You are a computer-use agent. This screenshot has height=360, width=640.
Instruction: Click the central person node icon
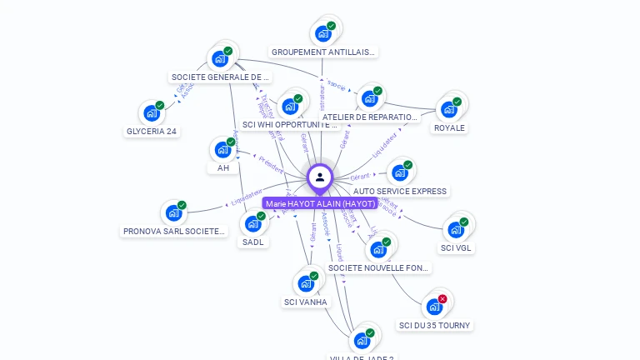point(320,177)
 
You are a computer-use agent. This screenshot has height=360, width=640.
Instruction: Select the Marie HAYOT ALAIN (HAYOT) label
point(320,203)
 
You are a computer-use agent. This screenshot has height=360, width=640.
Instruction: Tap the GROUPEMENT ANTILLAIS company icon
point(322,34)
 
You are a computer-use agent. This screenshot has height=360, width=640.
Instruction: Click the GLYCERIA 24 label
point(152,131)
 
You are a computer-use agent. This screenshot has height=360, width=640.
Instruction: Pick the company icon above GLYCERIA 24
point(152,112)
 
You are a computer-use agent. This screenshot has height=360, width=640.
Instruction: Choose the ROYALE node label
point(449,127)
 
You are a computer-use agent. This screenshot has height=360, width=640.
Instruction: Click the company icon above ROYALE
point(449,108)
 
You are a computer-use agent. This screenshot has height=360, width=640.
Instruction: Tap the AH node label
point(222,167)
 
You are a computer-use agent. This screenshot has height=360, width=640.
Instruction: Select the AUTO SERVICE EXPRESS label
point(400,191)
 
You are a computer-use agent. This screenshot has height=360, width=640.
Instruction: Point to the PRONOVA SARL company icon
point(173,212)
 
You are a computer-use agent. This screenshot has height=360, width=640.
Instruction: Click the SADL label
point(252,242)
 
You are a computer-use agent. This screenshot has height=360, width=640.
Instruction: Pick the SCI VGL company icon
point(455,229)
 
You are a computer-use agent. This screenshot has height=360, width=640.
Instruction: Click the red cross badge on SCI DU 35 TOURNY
point(442,298)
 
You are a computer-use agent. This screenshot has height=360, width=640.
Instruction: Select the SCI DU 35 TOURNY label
point(435,325)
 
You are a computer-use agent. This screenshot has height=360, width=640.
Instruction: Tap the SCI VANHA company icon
point(306,283)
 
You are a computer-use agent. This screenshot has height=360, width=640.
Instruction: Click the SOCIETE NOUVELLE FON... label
point(379,267)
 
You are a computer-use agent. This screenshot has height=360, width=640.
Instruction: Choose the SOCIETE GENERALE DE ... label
point(221,77)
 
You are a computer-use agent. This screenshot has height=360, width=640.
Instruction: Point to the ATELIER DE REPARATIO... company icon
point(369,98)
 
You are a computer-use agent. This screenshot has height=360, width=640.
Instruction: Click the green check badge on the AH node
point(231,142)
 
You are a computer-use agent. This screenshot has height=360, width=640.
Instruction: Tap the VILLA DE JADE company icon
point(362,340)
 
